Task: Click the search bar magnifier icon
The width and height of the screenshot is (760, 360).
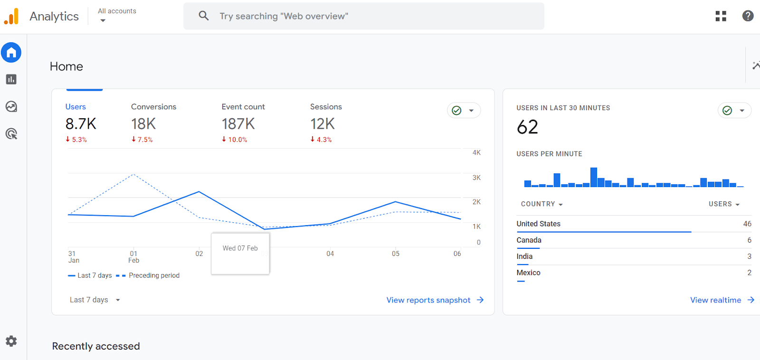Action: pos(204,16)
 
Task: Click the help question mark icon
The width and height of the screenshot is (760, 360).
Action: pos(748,16)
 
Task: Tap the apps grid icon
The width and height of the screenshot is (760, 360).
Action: pos(721,16)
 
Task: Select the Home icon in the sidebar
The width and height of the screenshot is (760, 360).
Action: pos(11,52)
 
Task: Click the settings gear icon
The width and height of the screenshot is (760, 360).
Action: pos(11,341)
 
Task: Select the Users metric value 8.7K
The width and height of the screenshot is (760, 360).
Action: pos(81,124)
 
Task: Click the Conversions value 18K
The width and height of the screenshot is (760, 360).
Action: pos(143,124)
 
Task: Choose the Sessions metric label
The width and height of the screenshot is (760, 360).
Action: pos(326,107)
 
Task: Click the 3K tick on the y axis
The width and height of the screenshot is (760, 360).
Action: pos(476,178)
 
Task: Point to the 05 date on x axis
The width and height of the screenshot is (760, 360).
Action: pos(396,254)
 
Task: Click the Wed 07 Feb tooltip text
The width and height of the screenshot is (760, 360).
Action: pos(240,248)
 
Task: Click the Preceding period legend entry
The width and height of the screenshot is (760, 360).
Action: pos(154,275)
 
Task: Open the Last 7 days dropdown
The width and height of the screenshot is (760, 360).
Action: pos(95,300)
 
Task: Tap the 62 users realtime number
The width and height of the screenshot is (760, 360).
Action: pos(527,127)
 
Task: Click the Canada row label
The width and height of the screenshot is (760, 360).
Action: pos(529,240)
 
